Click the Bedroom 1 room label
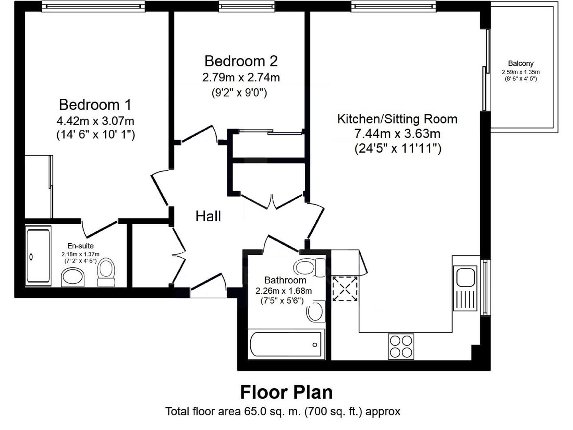pos(95,105)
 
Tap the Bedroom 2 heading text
pos(241,61)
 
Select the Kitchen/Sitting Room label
pos(397,119)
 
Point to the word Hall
pos(208,216)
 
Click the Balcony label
pos(520,63)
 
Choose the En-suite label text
pos(80,246)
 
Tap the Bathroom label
pos(285,280)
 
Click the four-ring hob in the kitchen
pos(401,346)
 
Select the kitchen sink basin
pos(465,277)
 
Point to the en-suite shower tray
pos(38,256)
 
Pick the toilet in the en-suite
pos(106,272)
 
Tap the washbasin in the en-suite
pos(73,277)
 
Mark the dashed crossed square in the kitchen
pos(345,289)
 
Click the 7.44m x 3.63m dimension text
pos(397,134)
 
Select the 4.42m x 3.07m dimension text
pos(95,120)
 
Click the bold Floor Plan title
pos(286,392)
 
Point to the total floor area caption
pos(283,411)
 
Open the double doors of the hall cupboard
pos(273,202)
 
